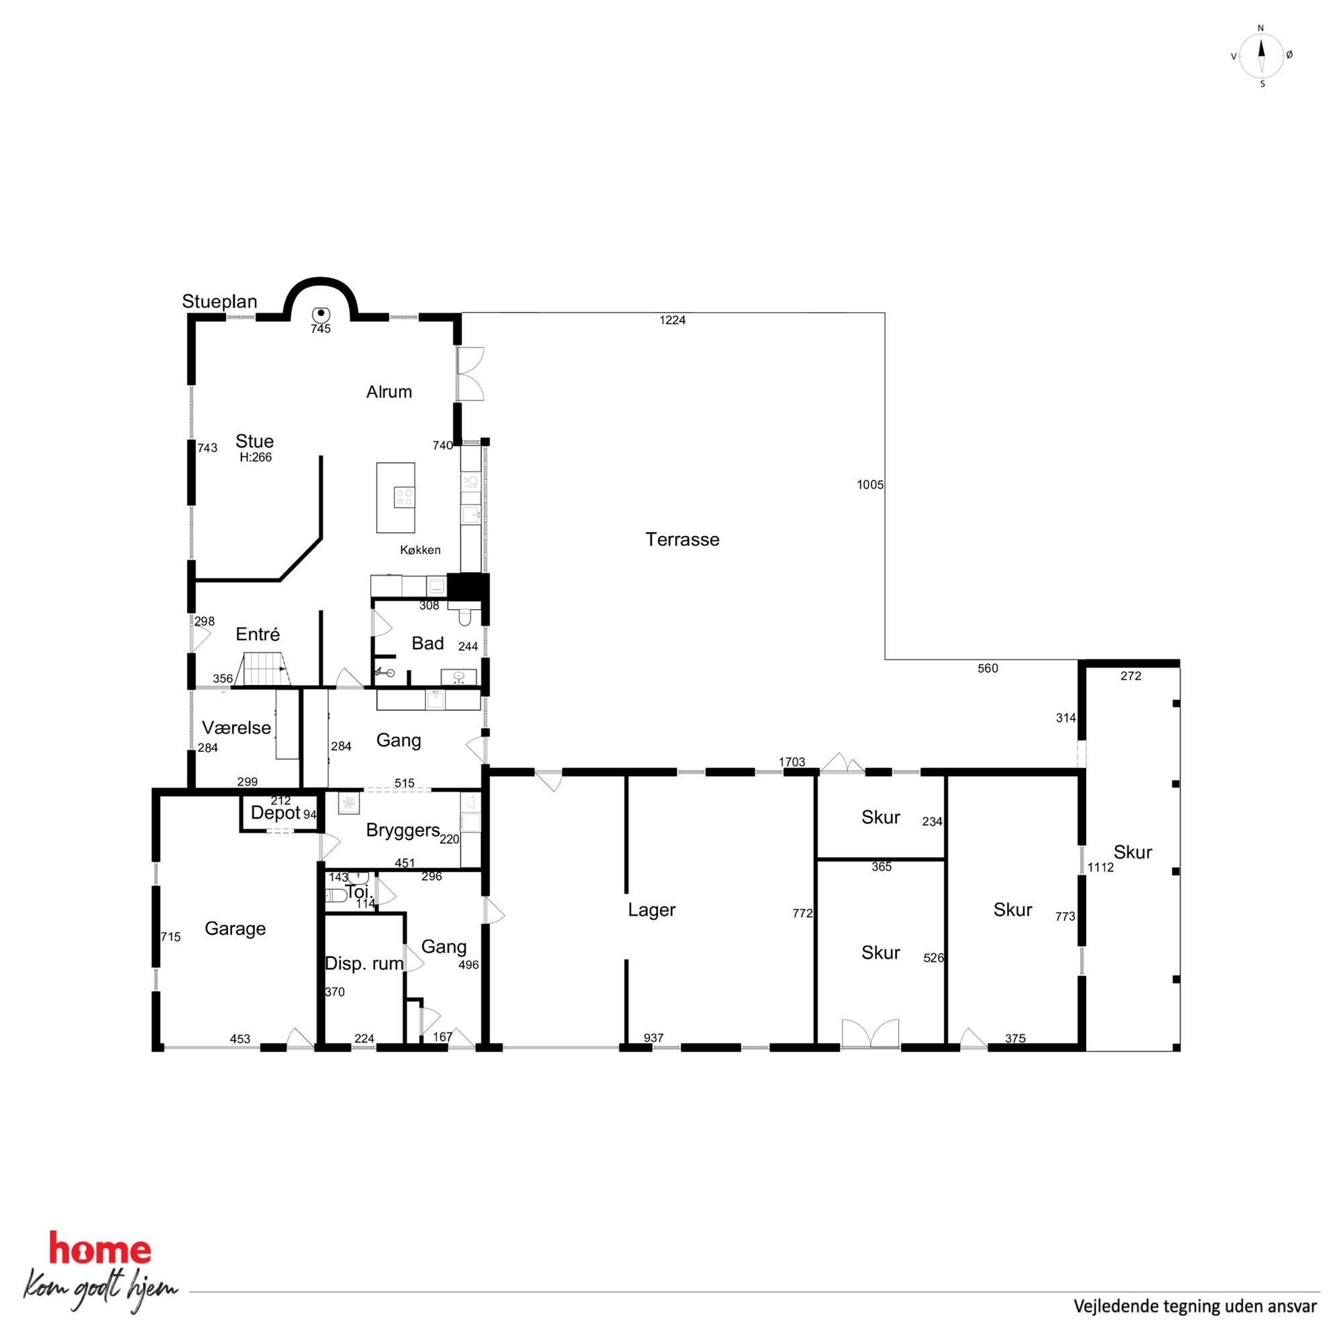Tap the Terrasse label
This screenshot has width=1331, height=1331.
coord(682,539)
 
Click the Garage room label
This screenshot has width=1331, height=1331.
coord(235,928)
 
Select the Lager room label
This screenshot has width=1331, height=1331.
coord(651,910)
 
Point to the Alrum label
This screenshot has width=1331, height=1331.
coord(389,392)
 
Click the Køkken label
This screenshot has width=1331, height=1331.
coord(420,549)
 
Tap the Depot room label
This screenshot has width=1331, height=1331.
coord(276,813)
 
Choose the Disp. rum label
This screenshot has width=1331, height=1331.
coord(364,964)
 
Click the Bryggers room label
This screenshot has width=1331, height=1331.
coord(403,831)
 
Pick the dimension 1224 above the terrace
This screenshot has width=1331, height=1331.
coord(672,319)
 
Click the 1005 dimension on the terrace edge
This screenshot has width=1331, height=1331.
coord(870,485)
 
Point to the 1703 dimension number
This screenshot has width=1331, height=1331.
coord(792,762)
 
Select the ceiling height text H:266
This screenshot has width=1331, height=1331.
coord(256,458)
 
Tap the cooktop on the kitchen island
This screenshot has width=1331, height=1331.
coord(405,496)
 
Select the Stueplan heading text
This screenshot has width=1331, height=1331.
coord(220,302)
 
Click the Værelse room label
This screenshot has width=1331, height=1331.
coord(236,727)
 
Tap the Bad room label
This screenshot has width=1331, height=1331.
coord(427,643)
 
